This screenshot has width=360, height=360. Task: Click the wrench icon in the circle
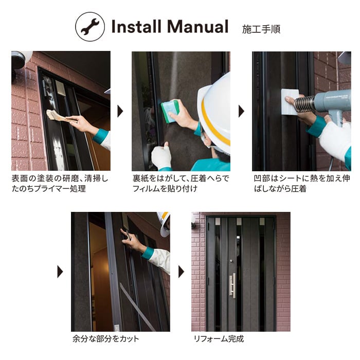(x=90, y=27)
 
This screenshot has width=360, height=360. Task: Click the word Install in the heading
(x=137, y=26)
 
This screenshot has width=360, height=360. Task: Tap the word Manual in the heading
(x=197, y=26)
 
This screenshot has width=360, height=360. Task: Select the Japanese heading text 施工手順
(x=261, y=29)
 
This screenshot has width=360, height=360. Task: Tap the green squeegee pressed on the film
(x=170, y=112)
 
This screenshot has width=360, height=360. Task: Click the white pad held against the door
(x=290, y=102)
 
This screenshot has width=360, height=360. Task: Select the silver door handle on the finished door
(x=232, y=285)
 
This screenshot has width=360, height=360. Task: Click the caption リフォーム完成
(x=219, y=339)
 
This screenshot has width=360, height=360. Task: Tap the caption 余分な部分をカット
(x=105, y=339)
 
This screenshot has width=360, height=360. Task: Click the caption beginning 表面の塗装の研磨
(x=60, y=184)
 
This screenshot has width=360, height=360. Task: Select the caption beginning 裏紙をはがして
(x=181, y=184)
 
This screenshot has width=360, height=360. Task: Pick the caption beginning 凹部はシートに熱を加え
(x=302, y=184)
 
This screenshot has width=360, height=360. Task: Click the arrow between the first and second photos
(x=120, y=112)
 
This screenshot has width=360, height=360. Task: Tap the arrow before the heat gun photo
(x=241, y=112)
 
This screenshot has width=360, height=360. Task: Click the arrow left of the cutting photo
(x=60, y=272)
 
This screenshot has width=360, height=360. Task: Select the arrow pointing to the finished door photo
(x=181, y=272)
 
